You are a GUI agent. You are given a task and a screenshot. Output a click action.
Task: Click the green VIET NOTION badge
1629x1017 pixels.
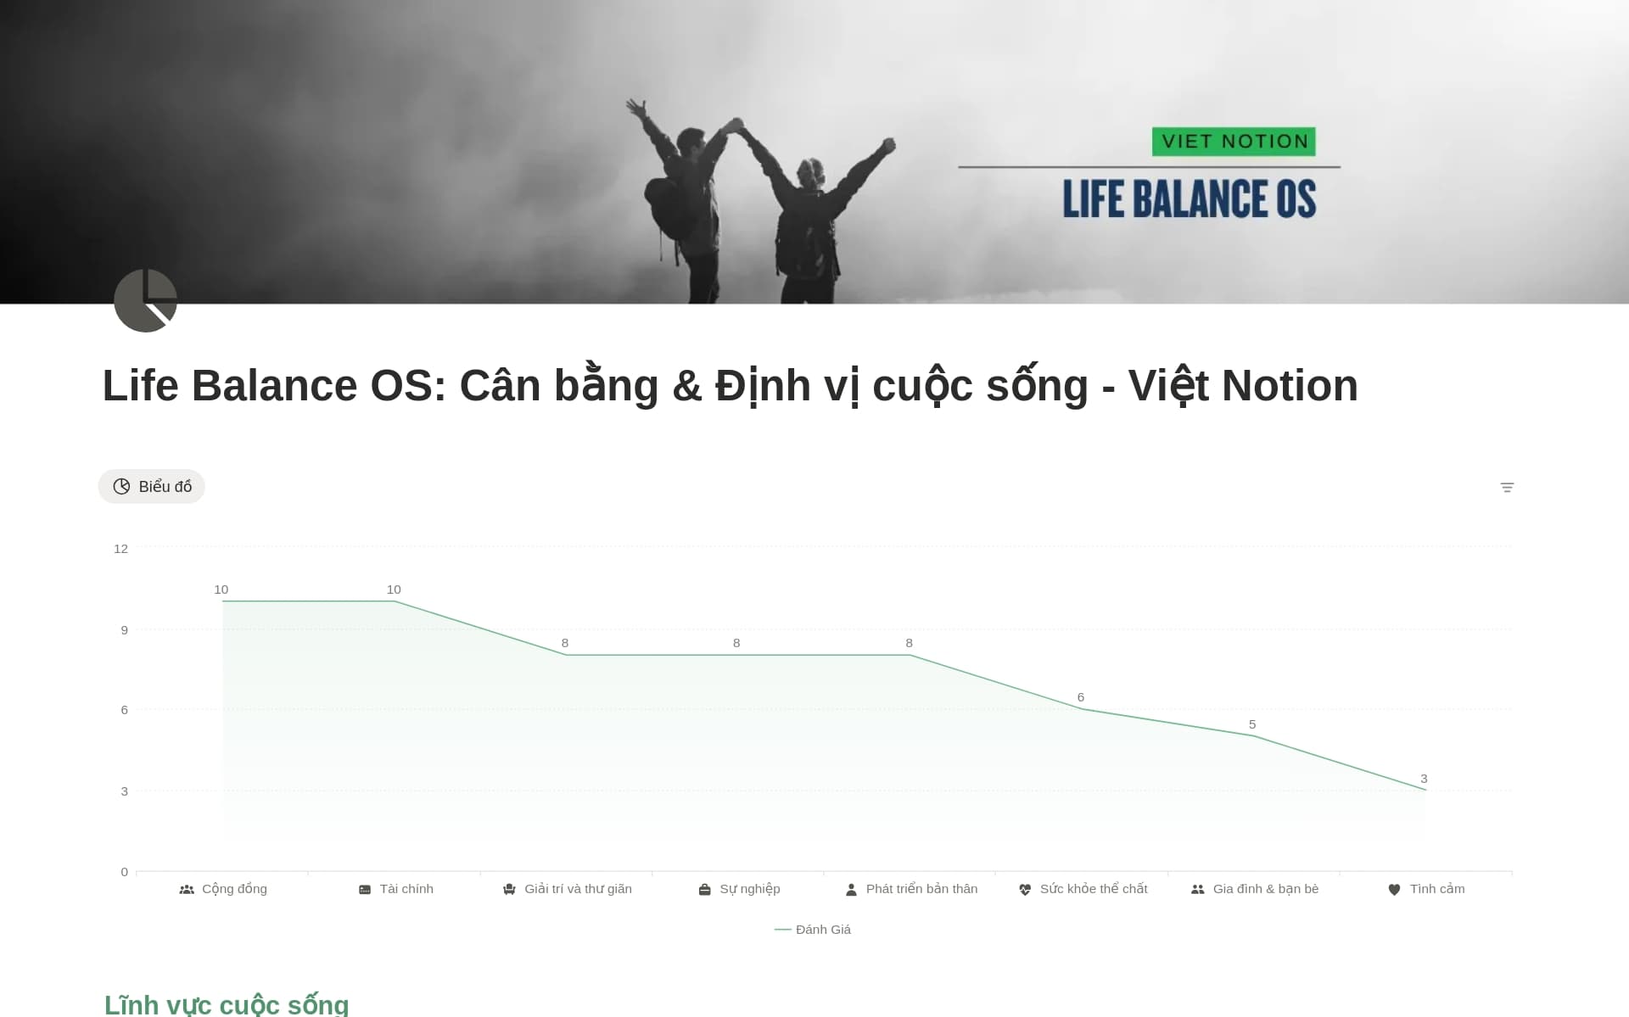click(x=1234, y=142)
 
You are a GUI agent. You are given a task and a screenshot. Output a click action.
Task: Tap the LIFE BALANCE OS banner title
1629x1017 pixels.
click(x=1190, y=198)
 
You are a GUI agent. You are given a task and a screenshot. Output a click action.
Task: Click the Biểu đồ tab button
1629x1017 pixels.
click(x=152, y=486)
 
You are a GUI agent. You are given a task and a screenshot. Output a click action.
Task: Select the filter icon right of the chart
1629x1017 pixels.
click(x=1507, y=488)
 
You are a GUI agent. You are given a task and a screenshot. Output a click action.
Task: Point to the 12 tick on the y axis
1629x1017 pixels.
click(x=121, y=549)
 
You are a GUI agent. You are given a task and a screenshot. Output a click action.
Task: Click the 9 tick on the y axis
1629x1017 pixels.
click(x=125, y=629)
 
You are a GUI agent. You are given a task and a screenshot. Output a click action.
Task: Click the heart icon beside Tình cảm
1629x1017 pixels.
click(x=1394, y=890)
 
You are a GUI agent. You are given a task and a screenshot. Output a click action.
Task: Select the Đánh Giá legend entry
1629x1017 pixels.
click(x=813, y=930)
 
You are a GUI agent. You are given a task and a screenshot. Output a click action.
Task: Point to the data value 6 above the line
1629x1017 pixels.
click(x=1081, y=697)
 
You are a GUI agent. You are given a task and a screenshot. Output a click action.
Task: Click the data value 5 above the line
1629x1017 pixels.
click(x=1252, y=724)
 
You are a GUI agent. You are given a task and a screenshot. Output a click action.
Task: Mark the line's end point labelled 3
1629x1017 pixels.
click(x=1426, y=790)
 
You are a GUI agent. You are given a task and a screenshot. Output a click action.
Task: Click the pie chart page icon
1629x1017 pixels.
click(x=145, y=300)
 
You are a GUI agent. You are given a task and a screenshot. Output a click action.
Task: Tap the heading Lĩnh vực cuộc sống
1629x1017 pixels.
click(x=227, y=1004)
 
